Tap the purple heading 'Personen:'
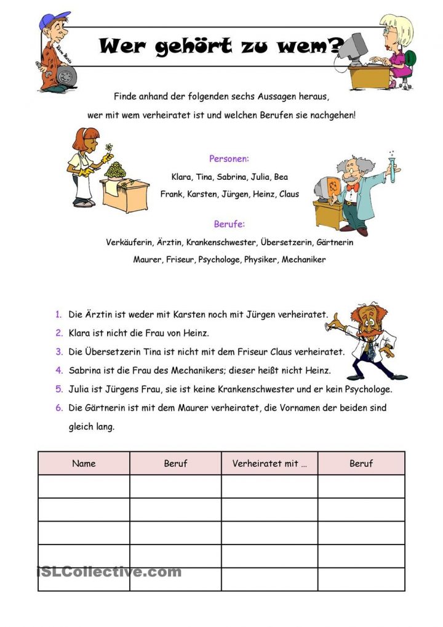[x=229, y=159]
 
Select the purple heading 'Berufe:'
[x=229, y=224]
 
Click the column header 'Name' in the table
[x=84, y=463]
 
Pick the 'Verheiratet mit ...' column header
[x=269, y=463]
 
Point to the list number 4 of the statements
[x=59, y=371]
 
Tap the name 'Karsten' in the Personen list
[x=199, y=194]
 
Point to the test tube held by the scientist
[x=391, y=168]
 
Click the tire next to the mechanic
[x=66, y=76]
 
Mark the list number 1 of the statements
[x=59, y=314]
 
